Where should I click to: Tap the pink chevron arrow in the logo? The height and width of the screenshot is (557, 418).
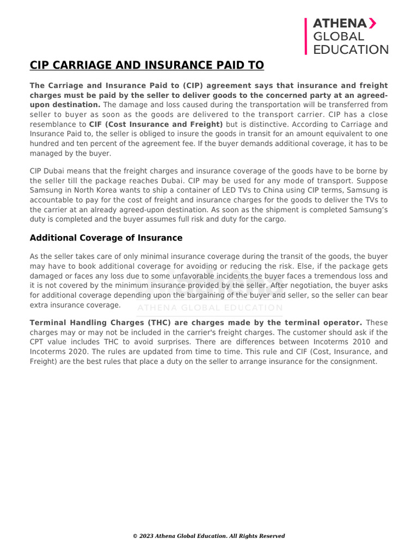click(373, 23)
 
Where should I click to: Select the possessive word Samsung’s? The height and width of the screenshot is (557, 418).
click(367, 209)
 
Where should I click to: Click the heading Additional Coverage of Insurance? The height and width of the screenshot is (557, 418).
click(106, 238)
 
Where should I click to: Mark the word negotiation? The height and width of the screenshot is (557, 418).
click(305, 286)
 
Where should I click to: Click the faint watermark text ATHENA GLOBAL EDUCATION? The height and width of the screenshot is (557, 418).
click(210, 308)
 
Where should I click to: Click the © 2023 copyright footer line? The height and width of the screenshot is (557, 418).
click(209, 536)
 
